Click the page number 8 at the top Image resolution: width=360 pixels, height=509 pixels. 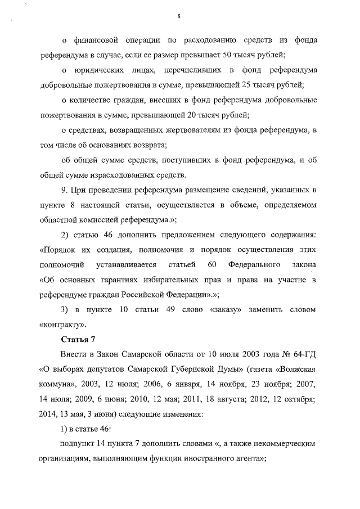tap(178, 16)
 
